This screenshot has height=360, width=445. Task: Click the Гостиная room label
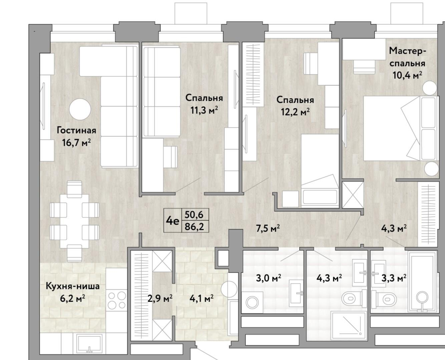click(76, 130)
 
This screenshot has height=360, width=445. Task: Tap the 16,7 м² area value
click(76, 143)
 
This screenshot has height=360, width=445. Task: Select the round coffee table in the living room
click(80, 109)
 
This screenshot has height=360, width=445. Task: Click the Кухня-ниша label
click(72, 286)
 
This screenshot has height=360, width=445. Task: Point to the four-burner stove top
click(117, 301)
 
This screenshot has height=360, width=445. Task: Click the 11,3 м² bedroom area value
click(204, 110)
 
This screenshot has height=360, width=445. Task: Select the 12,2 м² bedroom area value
click(295, 112)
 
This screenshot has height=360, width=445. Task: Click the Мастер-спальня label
click(407, 57)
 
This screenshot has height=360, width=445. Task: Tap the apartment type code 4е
click(172, 221)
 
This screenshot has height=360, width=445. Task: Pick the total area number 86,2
click(194, 227)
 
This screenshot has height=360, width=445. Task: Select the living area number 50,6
click(194, 215)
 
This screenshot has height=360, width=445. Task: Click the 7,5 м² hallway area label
click(268, 229)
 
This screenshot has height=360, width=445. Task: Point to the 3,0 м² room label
click(269, 278)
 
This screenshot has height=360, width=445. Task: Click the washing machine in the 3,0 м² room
click(252, 302)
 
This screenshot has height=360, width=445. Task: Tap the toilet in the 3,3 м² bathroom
click(386, 299)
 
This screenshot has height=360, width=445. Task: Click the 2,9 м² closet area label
click(160, 298)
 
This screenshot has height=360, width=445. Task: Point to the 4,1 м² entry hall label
click(201, 298)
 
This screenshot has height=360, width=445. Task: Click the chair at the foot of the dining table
click(74, 253)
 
